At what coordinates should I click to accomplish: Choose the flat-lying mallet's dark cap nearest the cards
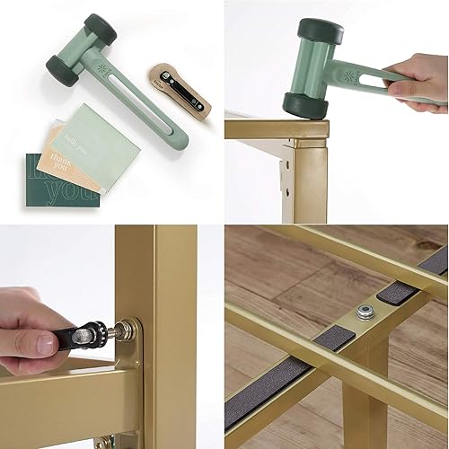click(x=66, y=69)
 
